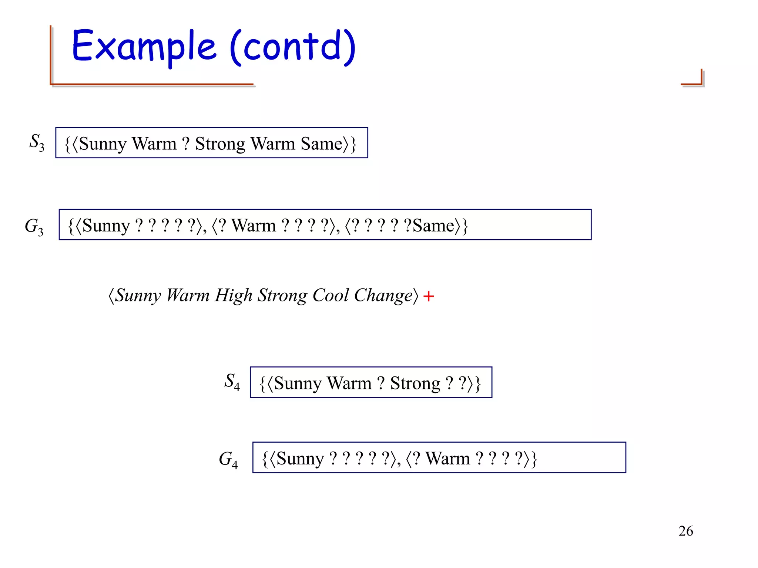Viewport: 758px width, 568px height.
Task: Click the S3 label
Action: tap(37, 142)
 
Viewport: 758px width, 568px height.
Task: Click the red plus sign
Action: tap(428, 296)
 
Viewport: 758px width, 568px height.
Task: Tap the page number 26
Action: tap(685, 531)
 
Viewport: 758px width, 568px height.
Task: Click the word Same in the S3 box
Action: tap(322, 143)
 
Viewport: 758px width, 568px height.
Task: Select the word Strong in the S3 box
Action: tap(220, 143)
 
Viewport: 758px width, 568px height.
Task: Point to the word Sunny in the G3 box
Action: tap(106, 226)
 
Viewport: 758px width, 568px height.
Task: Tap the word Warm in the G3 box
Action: tap(254, 226)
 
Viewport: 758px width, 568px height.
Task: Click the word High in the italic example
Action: tap(233, 295)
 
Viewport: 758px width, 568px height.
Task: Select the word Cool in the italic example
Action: tap(330, 295)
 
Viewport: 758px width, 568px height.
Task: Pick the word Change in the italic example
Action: tap(383, 295)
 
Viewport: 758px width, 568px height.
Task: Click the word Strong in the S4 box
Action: tap(415, 383)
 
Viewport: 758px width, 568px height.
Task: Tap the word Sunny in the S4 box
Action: tap(298, 383)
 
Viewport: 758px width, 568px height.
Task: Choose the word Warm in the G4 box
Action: tap(447, 459)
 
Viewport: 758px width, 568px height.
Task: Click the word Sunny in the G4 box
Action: tap(300, 459)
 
